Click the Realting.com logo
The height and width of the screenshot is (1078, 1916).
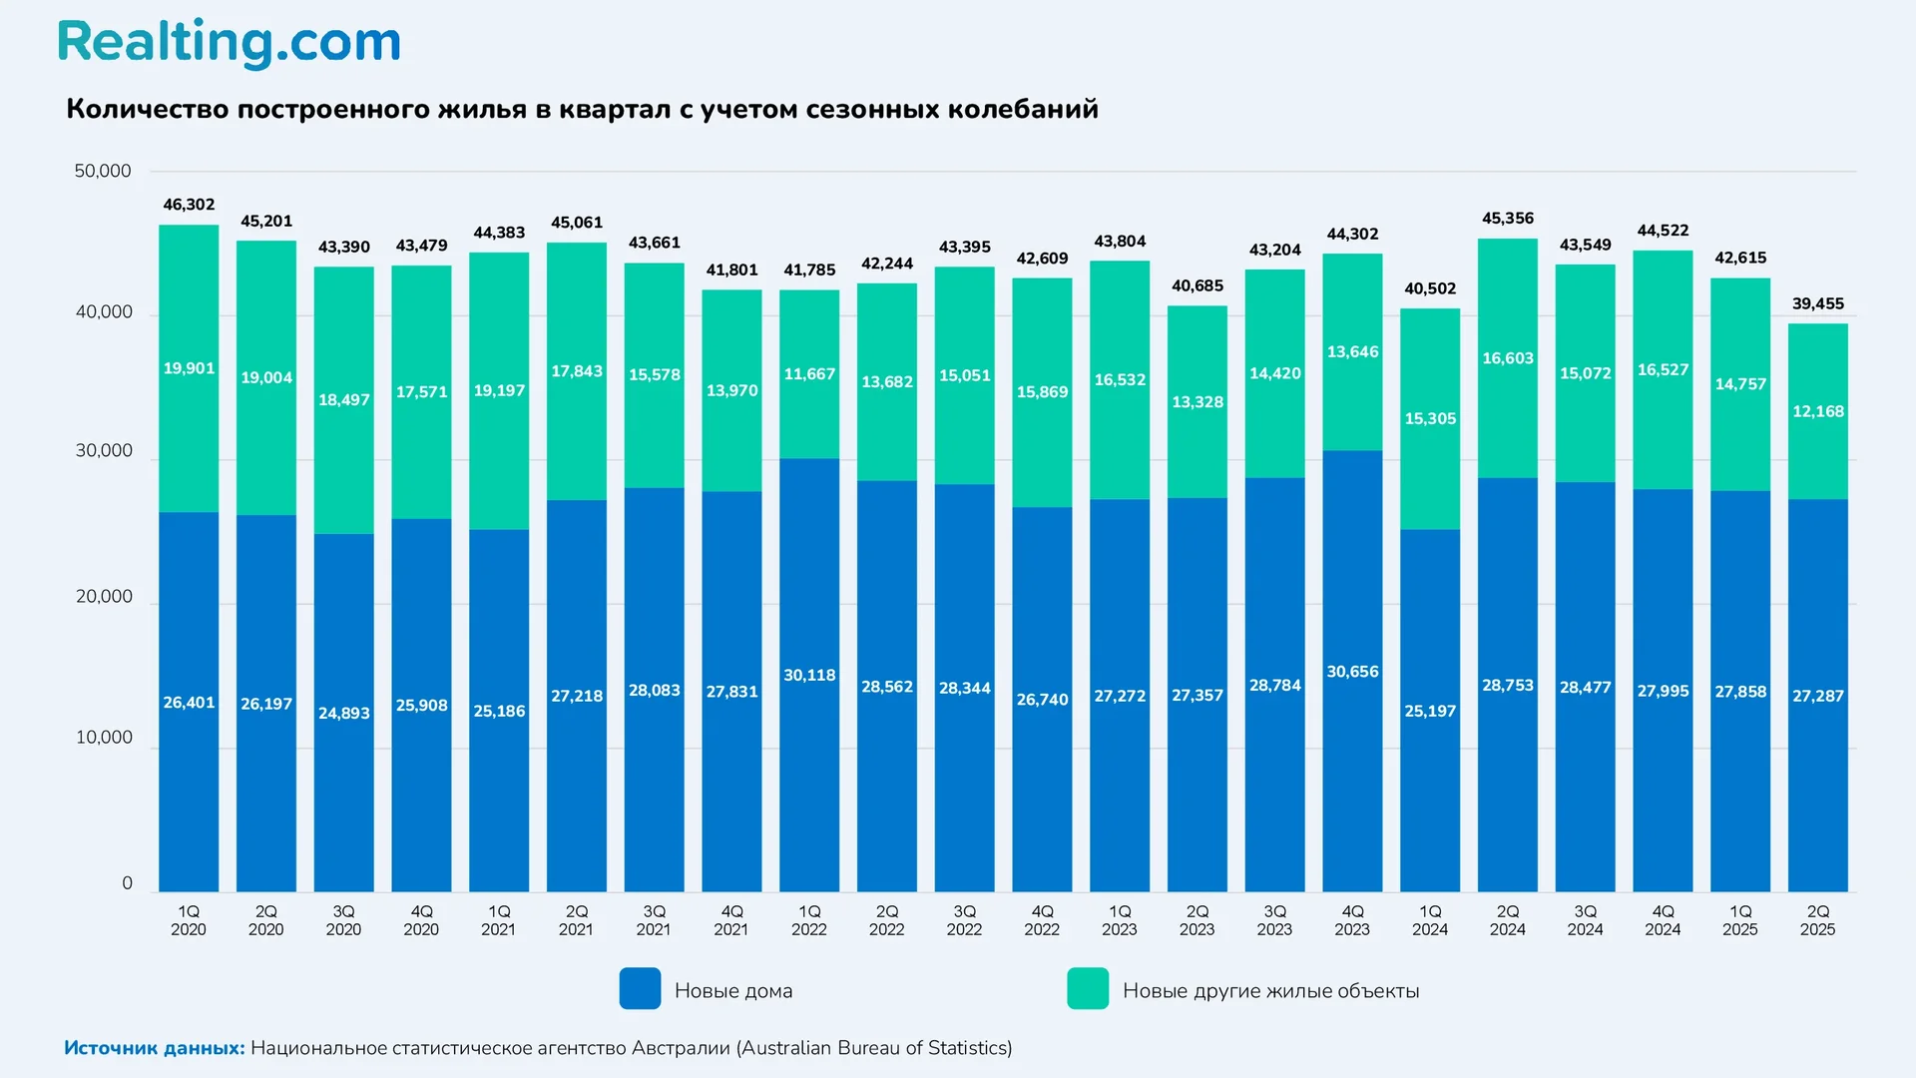[230, 43]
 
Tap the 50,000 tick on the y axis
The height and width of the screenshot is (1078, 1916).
[103, 171]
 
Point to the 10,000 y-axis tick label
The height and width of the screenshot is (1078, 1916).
[104, 738]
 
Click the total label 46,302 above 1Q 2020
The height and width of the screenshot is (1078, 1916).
[189, 205]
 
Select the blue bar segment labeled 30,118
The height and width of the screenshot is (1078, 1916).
[809, 676]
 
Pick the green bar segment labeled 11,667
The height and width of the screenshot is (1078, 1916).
[809, 374]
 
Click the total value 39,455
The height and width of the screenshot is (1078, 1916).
[1817, 303]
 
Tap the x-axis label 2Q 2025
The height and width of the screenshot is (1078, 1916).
[1817, 920]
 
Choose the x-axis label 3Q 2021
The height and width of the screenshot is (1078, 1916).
[654, 920]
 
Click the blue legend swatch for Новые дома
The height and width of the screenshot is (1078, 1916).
[640, 988]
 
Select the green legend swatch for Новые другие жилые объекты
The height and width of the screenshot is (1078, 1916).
[1088, 988]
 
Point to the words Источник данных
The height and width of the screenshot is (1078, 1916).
[155, 1048]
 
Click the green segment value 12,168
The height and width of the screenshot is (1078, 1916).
[1817, 411]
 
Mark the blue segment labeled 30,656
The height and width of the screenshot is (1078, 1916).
[1352, 672]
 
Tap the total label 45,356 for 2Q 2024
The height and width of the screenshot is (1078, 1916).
[1507, 219]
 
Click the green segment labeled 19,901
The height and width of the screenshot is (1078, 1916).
[189, 368]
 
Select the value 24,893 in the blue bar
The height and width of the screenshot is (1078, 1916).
[343, 713]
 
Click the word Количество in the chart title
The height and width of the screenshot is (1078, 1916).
[147, 109]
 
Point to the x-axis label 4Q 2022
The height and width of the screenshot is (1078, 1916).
[1042, 920]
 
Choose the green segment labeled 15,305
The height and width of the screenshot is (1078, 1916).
[1430, 418]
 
